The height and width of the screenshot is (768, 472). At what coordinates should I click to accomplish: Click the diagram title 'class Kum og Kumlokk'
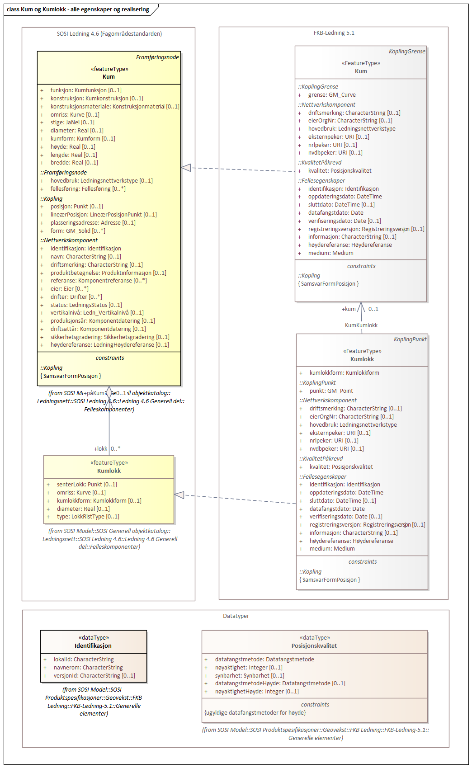(x=78, y=9)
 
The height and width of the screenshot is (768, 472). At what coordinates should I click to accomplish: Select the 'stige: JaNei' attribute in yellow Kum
(x=72, y=123)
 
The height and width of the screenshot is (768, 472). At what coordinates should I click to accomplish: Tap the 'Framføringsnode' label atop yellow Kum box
(x=157, y=57)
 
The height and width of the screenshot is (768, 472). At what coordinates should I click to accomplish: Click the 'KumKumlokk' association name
(x=361, y=325)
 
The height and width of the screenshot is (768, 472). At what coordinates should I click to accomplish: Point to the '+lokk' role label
(x=100, y=449)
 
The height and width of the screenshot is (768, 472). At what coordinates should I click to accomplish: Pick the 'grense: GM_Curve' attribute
(x=332, y=95)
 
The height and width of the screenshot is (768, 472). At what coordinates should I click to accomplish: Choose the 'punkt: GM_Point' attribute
(x=331, y=391)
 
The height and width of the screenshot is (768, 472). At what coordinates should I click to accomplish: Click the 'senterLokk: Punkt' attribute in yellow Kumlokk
(x=87, y=485)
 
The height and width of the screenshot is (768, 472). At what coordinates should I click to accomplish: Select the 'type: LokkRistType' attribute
(x=88, y=517)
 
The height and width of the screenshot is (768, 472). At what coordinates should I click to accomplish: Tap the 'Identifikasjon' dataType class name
(x=93, y=646)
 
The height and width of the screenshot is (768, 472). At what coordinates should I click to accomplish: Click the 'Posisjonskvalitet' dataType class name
(x=314, y=646)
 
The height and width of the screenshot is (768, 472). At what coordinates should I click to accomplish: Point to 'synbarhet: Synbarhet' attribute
(x=250, y=676)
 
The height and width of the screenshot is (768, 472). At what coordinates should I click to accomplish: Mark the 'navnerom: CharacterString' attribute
(x=88, y=668)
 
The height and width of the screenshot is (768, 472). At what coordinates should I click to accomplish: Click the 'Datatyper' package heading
(x=236, y=616)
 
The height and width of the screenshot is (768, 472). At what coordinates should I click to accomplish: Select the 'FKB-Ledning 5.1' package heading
(x=334, y=33)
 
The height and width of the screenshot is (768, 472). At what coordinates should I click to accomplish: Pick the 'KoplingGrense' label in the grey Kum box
(x=407, y=52)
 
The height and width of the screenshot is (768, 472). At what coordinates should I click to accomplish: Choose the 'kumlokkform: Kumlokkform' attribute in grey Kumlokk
(x=344, y=373)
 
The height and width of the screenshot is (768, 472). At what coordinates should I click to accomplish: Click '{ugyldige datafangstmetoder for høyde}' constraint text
(x=255, y=713)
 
